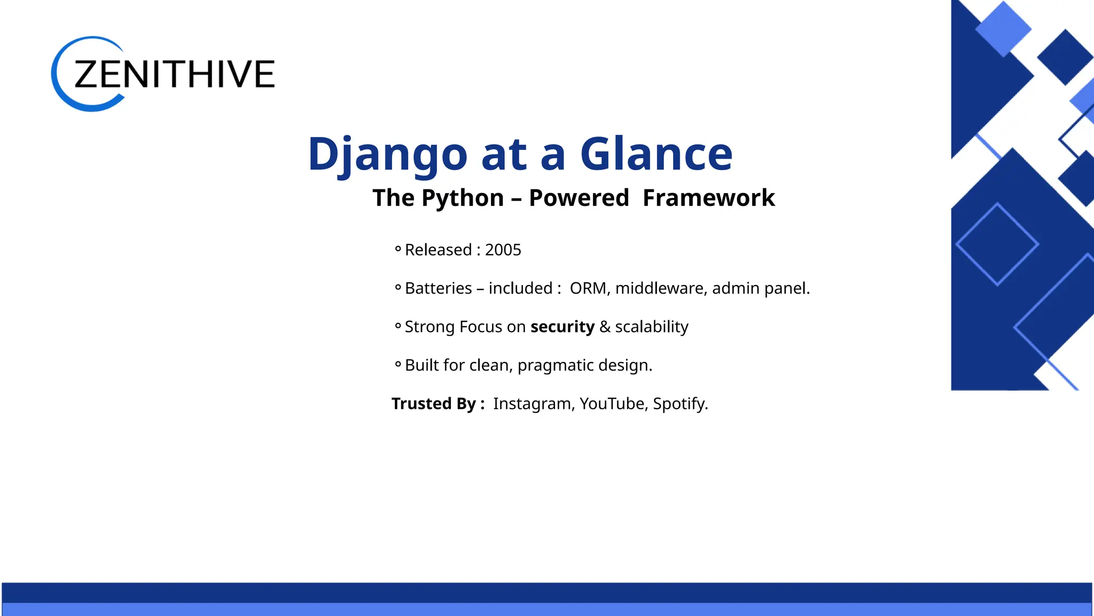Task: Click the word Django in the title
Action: coord(388,155)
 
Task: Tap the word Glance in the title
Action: coord(656,155)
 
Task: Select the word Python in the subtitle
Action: coord(463,198)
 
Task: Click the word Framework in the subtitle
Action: coord(708,198)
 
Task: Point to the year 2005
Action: coord(503,250)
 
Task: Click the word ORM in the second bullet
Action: coord(588,288)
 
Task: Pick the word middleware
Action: coord(661,288)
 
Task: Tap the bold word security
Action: coord(562,327)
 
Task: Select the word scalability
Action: coord(651,327)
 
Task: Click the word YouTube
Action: coord(612,404)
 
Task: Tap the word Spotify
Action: coord(679,404)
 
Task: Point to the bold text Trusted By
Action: coord(437,404)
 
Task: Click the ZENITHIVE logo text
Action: coord(174,74)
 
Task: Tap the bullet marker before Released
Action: coord(398,249)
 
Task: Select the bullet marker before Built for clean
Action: coord(398,365)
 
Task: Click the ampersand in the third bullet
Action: coord(605,327)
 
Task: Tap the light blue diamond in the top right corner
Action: coord(1003,28)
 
